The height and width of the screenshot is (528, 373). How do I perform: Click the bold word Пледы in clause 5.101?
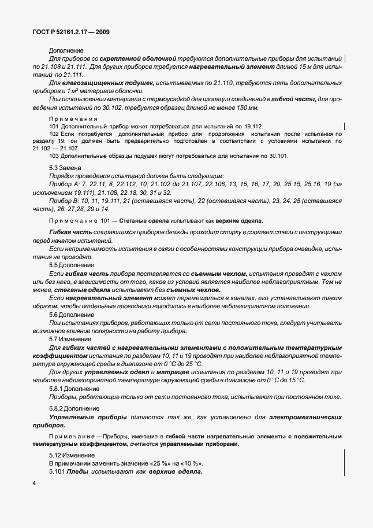(x=78, y=472)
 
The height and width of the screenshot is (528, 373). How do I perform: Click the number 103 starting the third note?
(x=54, y=156)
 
